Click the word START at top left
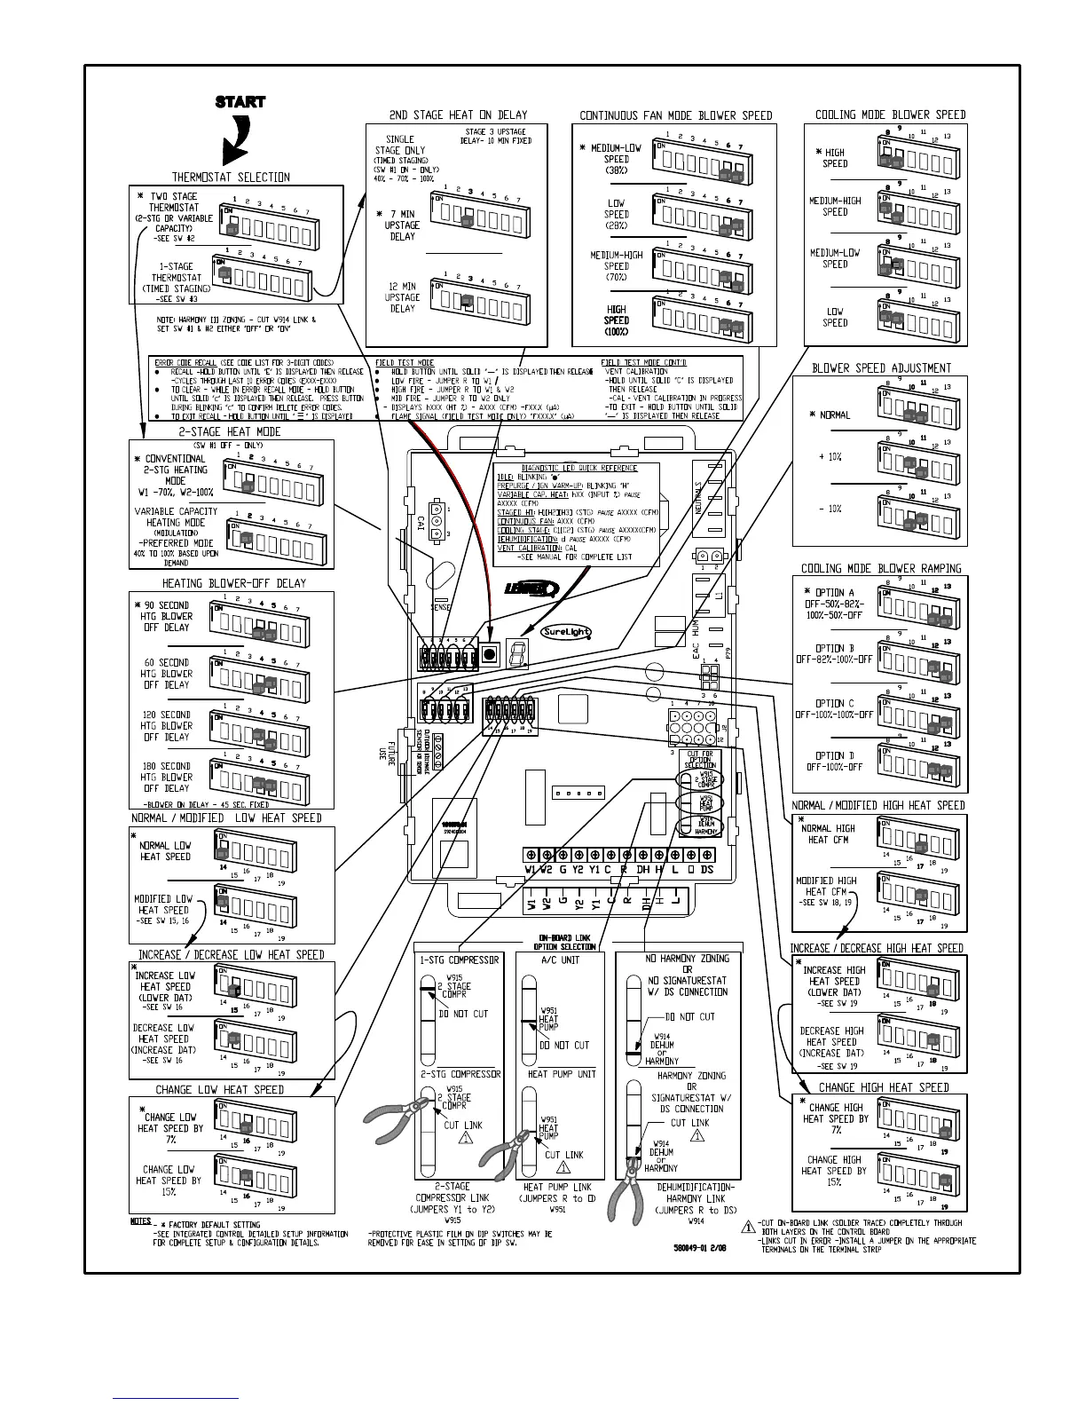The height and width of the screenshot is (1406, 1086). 240,102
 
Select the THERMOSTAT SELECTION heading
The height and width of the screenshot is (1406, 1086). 231,177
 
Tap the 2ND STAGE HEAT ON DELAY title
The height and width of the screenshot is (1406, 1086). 458,115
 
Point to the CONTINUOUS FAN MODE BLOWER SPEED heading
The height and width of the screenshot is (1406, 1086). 675,115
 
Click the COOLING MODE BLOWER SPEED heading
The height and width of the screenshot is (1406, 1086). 890,115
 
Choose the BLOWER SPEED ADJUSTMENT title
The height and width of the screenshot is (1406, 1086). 881,368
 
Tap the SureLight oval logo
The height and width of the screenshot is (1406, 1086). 566,632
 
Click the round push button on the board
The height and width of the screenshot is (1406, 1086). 490,655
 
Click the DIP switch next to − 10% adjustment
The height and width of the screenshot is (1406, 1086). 917,516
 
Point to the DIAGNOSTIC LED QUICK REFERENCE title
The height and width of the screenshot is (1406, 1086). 578,468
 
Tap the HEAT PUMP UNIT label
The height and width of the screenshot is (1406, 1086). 562,1074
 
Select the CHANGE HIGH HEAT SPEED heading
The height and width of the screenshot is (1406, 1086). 883,1087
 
